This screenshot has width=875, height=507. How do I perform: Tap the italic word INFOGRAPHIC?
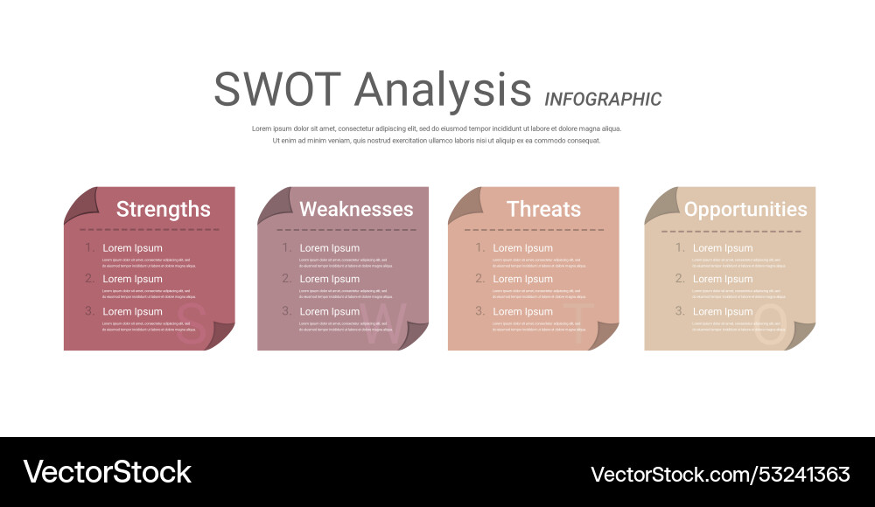(603, 99)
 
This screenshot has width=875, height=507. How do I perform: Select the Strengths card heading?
(163, 209)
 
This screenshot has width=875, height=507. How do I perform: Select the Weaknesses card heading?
(356, 209)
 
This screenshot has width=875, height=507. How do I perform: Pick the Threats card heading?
(543, 209)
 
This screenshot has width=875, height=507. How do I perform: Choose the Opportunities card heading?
(745, 209)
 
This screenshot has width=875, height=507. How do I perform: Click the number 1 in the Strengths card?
(89, 247)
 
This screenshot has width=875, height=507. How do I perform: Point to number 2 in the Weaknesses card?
(286, 279)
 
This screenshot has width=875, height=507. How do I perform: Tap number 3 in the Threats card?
(479, 310)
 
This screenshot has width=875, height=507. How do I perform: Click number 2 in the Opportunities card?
(679, 279)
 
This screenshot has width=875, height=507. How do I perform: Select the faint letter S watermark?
(192, 324)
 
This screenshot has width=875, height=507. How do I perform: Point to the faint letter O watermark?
(771, 324)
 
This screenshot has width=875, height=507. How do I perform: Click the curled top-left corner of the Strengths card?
(79, 204)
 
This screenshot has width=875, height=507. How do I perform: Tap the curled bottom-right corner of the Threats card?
(605, 336)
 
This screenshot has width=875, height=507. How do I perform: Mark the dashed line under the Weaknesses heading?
(346, 230)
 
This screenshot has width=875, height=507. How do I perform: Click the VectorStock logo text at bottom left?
(107, 472)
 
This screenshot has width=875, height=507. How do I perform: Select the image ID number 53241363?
(802, 474)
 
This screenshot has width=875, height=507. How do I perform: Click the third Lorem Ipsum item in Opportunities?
(723, 311)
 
